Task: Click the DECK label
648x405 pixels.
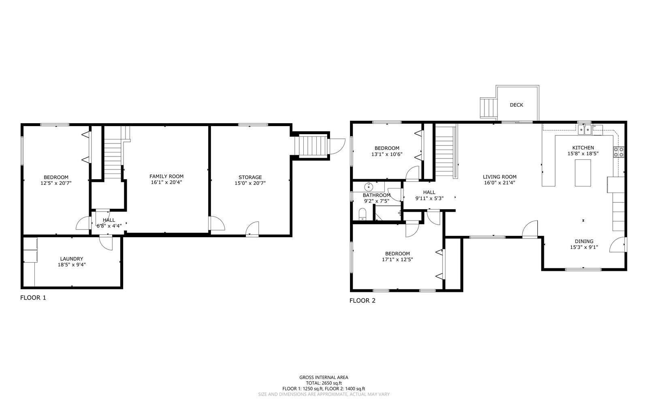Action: pyautogui.click(x=516, y=105)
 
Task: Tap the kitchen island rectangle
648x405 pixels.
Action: pyautogui.click(x=583, y=173)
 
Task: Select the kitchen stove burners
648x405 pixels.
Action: pyautogui.click(x=619, y=152)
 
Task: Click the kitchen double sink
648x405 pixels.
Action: pyautogui.click(x=585, y=130)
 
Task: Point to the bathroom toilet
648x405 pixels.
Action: pyautogui.click(x=362, y=214)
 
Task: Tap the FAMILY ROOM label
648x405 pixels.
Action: pyautogui.click(x=166, y=176)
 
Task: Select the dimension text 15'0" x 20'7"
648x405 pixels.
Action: pyautogui.click(x=250, y=183)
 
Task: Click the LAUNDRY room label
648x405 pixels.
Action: pyautogui.click(x=72, y=259)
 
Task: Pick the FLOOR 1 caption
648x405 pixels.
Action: pyautogui.click(x=33, y=298)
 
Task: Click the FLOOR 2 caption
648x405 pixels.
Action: pyautogui.click(x=362, y=300)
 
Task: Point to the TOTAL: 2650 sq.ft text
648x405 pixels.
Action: pyautogui.click(x=324, y=383)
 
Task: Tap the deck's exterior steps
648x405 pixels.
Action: pyautogui.click(x=488, y=107)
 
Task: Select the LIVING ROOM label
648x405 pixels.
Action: pyautogui.click(x=500, y=177)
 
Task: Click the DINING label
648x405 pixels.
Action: pyautogui.click(x=584, y=241)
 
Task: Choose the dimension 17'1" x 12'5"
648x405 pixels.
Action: pyautogui.click(x=397, y=260)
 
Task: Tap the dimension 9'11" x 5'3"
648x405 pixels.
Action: pyautogui.click(x=429, y=198)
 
